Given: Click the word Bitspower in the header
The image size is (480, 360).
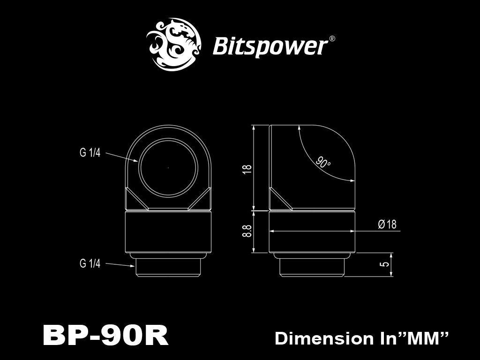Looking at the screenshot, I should click(x=270, y=46).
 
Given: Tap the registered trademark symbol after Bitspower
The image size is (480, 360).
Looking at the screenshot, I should click(x=332, y=39).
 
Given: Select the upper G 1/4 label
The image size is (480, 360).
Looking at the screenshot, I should click(x=90, y=153).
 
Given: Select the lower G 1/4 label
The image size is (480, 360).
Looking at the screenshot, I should click(x=90, y=264).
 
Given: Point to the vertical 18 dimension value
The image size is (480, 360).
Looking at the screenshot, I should click(x=247, y=169).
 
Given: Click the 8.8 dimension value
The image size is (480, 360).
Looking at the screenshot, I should click(x=247, y=232).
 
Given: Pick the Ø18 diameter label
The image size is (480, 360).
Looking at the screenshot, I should click(x=387, y=225).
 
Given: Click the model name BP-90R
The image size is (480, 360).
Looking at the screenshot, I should click(x=105, y=336).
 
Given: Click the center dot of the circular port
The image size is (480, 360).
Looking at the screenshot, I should click(x=168, y=167).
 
